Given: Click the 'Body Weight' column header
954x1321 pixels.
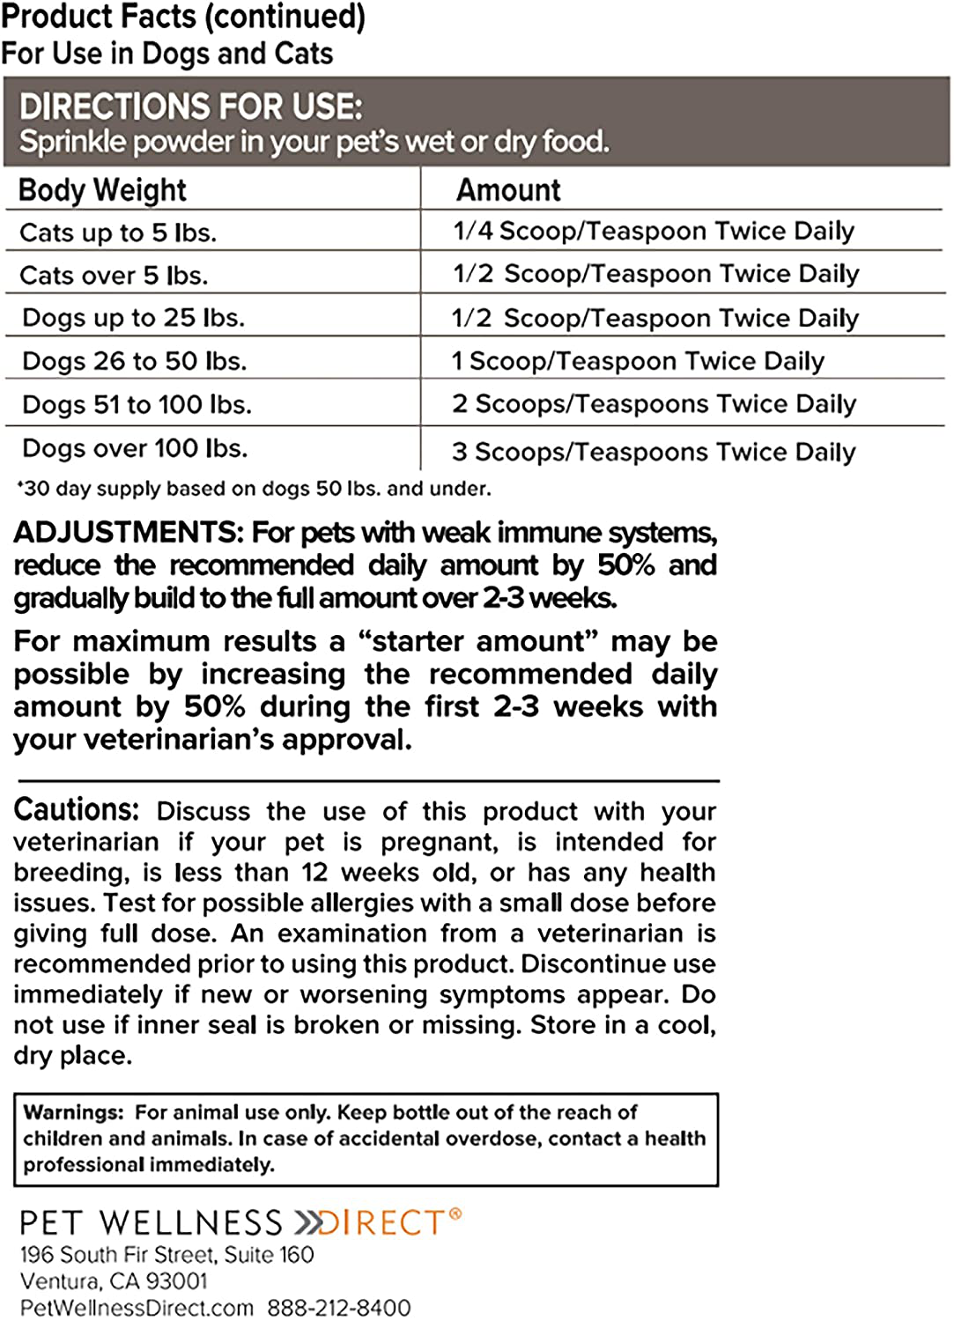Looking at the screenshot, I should (102, 190).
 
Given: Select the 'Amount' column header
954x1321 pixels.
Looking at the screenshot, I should (508, 190).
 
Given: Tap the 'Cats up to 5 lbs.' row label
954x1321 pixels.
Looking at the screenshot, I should (118, 232).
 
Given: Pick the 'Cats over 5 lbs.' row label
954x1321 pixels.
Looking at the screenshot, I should (114, 276).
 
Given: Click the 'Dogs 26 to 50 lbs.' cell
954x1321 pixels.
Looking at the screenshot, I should (135, 361).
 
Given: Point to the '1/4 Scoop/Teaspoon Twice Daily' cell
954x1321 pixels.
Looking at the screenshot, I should (654, 231).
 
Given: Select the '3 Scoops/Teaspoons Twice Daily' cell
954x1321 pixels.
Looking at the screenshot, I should (654, 452).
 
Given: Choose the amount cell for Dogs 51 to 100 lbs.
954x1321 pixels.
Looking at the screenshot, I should (654, 404).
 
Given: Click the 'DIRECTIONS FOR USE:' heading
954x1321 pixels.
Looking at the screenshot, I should (191, 107).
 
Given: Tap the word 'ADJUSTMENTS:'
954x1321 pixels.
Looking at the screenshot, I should (129, 533).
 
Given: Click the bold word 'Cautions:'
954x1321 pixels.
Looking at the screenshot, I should (77, 809).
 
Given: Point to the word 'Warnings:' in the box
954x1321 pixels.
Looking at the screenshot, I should (74, 1112).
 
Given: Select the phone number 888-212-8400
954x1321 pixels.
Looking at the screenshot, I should (339, 1308).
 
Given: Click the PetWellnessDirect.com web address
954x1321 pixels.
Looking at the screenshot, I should (137, 1308).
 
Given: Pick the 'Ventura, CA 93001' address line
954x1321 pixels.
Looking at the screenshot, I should (114, 1280).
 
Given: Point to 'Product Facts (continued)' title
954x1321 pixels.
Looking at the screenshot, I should (183, 17).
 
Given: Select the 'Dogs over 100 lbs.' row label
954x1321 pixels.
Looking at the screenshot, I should (135, 448).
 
